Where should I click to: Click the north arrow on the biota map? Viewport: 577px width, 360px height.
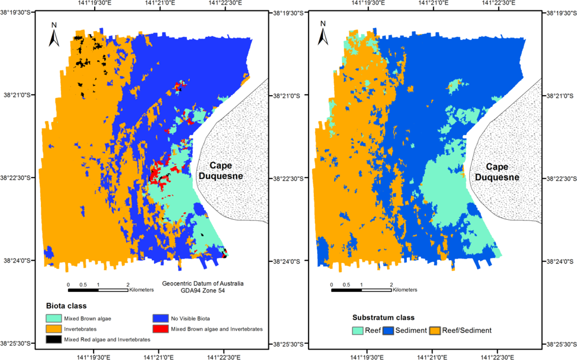[x=54, y=35]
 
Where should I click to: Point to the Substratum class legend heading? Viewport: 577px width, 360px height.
[x=383, y=317]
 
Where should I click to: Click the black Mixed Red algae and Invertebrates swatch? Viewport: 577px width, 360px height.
[x=55, y=339]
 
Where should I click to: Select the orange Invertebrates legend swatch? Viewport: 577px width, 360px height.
[x=55, y=328]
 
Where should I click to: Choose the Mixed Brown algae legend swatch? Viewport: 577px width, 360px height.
[x=55, y=317]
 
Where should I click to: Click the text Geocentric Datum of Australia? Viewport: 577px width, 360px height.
[x=203, y=283]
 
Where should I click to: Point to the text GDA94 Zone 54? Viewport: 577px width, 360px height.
[x=203, y=291]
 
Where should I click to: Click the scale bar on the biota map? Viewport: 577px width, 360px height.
[x=98, y=290]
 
